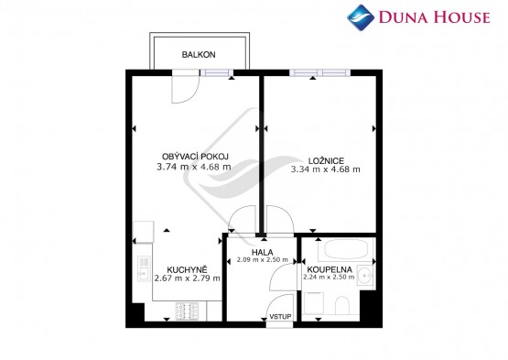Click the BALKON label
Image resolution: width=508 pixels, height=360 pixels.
point(199,54)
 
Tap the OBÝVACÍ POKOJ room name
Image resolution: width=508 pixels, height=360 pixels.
point(195,157)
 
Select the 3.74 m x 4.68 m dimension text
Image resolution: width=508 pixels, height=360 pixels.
point(194,167)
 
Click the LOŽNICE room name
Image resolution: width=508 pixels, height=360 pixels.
point(326,160)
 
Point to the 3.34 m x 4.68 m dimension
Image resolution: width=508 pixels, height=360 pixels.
point(326,169)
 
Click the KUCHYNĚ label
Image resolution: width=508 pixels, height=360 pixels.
point(187,269)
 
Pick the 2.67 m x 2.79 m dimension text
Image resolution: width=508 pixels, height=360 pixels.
point(188,278)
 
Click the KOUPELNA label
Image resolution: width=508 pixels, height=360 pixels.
point(330,269)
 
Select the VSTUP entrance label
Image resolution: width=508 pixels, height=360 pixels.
point(280,317)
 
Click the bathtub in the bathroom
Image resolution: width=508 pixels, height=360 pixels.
point(345,250)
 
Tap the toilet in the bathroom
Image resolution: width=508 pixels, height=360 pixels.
point(342,305)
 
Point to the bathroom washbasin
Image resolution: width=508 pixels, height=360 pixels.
point(366,276)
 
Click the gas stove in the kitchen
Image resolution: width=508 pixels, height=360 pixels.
point(187,311)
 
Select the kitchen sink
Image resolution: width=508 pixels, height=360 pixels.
point(143,268)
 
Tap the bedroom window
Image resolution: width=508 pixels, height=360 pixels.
point(319,72)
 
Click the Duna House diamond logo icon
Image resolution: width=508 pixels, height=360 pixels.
point(361,17)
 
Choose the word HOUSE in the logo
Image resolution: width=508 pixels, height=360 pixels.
point(461,16)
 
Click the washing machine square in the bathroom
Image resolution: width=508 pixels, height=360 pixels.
point(314,303)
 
